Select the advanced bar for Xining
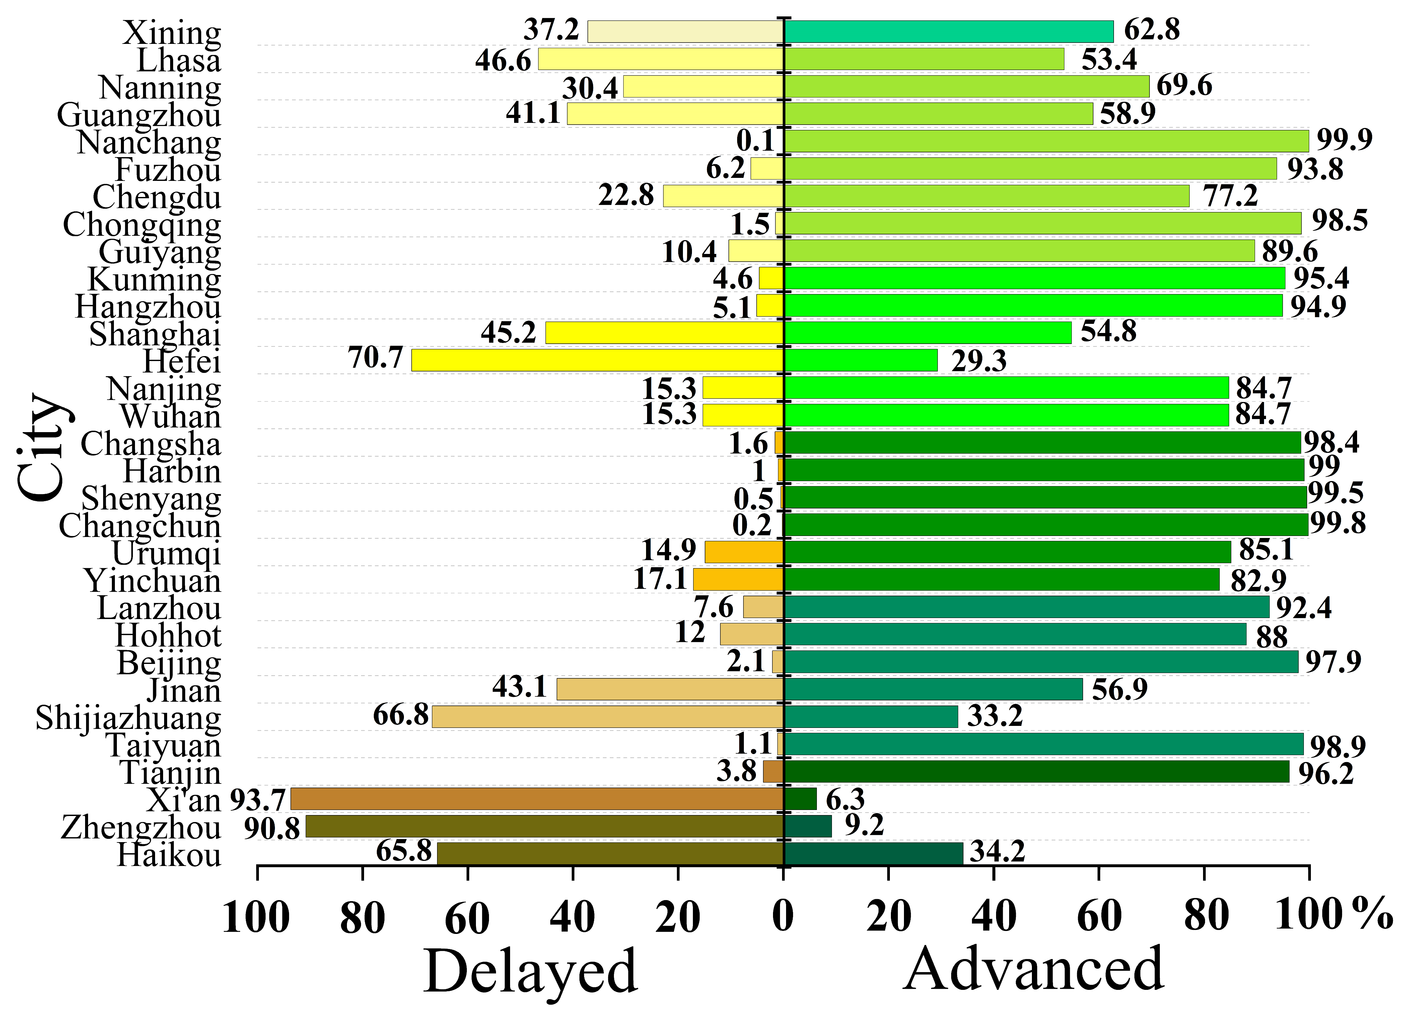[948, 31]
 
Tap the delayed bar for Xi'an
[538, 799]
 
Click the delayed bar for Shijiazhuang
[608, 716]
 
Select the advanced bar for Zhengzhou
[808, 826]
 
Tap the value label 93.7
[258, 800]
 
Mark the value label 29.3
[980, 361]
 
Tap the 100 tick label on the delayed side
[256, 917]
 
